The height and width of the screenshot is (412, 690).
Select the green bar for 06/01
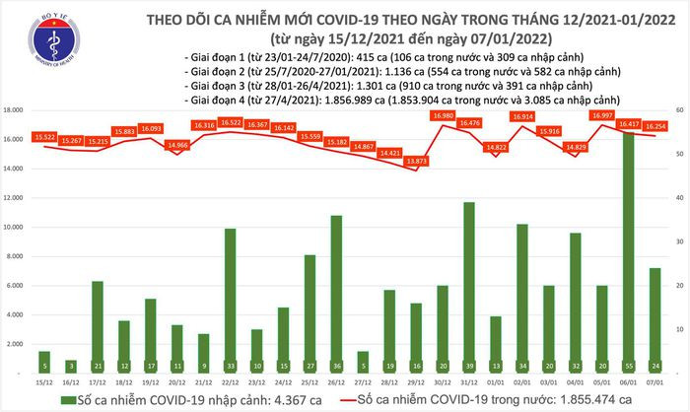pos(627,246)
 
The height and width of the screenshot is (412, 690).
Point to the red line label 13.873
pos(443,160)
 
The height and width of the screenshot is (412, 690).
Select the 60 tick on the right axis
pos(680,109)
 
